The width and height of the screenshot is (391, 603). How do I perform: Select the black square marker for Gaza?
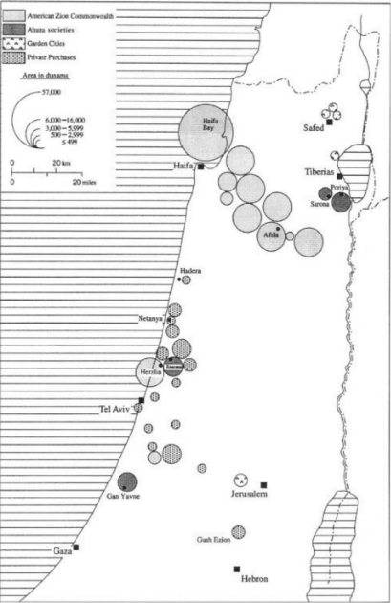[76, 547]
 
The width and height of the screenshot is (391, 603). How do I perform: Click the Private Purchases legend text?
[63, 56]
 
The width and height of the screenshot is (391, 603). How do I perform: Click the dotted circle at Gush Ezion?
[238, 531]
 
